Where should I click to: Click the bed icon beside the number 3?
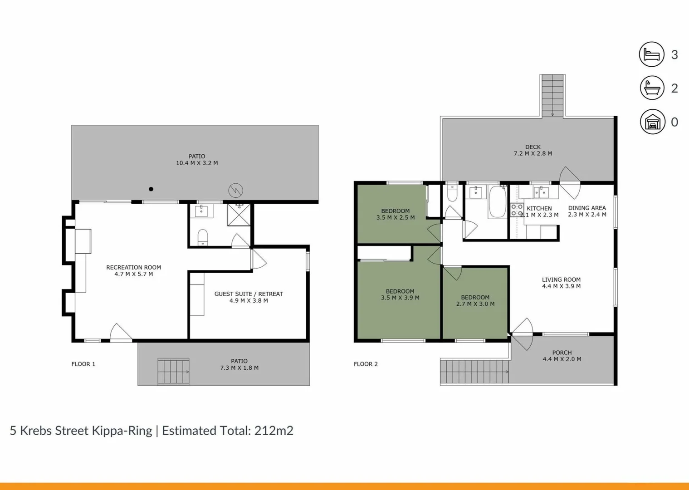click(x=652, y=54)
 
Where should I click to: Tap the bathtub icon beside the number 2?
click(x=652, y=88)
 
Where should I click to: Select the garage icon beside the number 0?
click(x=652, y=122)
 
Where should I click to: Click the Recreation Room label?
click(x=133, y=268)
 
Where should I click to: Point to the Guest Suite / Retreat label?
click(x=248, y=294)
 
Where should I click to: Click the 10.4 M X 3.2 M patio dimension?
click(x=197, y=163)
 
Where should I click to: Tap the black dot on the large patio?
click(x=151, y=189)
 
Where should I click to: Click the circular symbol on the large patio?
click(x=235, y=190)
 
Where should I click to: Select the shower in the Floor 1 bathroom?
click(x=239, y=215)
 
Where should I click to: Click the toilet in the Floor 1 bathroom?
click(x=203, y=237)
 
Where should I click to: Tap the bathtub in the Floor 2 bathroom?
click(x=498, y=202)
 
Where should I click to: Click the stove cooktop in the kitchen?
click(x=517, y=210)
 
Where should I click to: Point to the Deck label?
click(x=533, y=147)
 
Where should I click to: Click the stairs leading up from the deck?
click(x=552, y=95)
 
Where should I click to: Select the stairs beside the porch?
click(x=474, y=372)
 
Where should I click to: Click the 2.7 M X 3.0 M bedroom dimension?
click(x=475, y=304)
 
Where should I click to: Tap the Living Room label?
click(x=561, y=280)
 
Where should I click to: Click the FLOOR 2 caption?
click(x=366, y=364)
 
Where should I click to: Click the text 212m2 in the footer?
click(x=274, y=431)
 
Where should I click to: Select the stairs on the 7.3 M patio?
click(x=173, y=372)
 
